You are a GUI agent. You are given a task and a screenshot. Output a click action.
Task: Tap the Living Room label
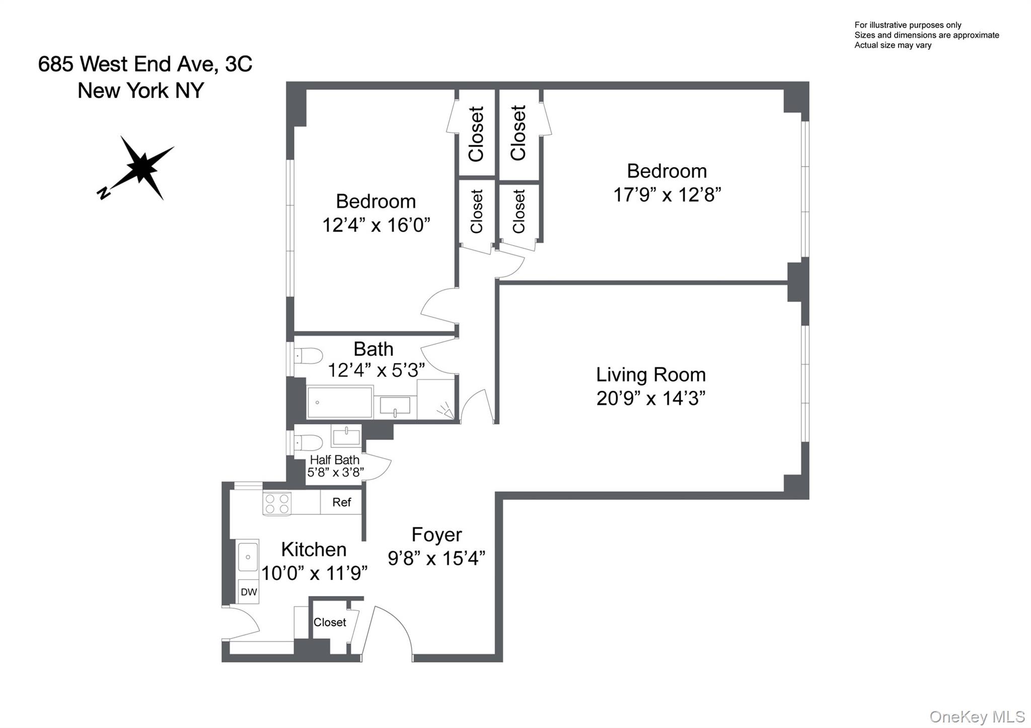pyautogui.click(x=650, y=375)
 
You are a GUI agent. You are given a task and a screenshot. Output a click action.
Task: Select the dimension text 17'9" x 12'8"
pyautogui.click(x=667, y=195)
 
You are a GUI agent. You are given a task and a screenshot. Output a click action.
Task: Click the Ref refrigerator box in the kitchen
pyautogui.click(x=341, y=502)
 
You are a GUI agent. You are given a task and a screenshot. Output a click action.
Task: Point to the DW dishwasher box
pyautogui.click(x=249, y=592)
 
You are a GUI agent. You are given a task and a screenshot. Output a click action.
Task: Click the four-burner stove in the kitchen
pyautogui.click(x=277, y=503)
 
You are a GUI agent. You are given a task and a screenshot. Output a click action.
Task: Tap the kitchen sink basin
pyautogui.click(x=248, y=557)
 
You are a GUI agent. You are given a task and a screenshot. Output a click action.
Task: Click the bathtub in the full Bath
pyautogui.click(x=340, y=402)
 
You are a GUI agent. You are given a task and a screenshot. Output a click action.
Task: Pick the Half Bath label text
pyautogui.click(x=334, y=460)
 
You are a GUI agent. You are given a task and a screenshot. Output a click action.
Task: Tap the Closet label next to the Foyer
pyautogui.click(x=330, y=622)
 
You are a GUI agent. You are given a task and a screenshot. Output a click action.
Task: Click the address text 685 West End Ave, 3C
pyautogui.click(x=145, y=64)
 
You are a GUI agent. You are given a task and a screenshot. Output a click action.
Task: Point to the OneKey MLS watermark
pyautogui.click(x=977, y=716)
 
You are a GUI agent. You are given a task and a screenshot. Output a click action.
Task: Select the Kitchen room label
pyautogui.click(x=313, y=549)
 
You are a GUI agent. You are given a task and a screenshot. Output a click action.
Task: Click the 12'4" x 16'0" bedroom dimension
pyautogui.click(x=376, y=225)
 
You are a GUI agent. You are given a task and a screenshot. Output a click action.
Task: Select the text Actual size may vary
pyautogui.click(x=893, y=45)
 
